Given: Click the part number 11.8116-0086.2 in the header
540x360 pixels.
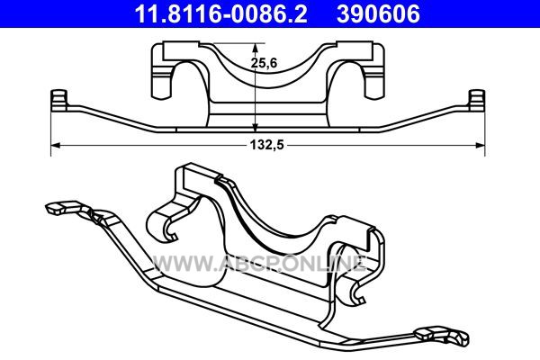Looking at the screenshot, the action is pos(220,13).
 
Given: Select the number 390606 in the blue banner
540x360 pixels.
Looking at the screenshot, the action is pos(378,13).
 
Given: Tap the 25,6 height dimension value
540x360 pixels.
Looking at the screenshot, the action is pos(264,63).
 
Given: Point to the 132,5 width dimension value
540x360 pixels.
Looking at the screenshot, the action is pos(267,145).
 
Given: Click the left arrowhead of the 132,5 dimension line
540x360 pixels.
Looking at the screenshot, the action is pos(55,146).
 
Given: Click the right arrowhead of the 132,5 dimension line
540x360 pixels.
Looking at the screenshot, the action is pos(481,146).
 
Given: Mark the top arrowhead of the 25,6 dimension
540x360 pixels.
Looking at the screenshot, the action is pos(255,48).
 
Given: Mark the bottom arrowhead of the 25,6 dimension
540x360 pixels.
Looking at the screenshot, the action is pos(255,127).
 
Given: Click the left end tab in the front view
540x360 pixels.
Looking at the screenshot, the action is pos(58,100).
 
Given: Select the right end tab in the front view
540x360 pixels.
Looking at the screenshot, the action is pos(477,100).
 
